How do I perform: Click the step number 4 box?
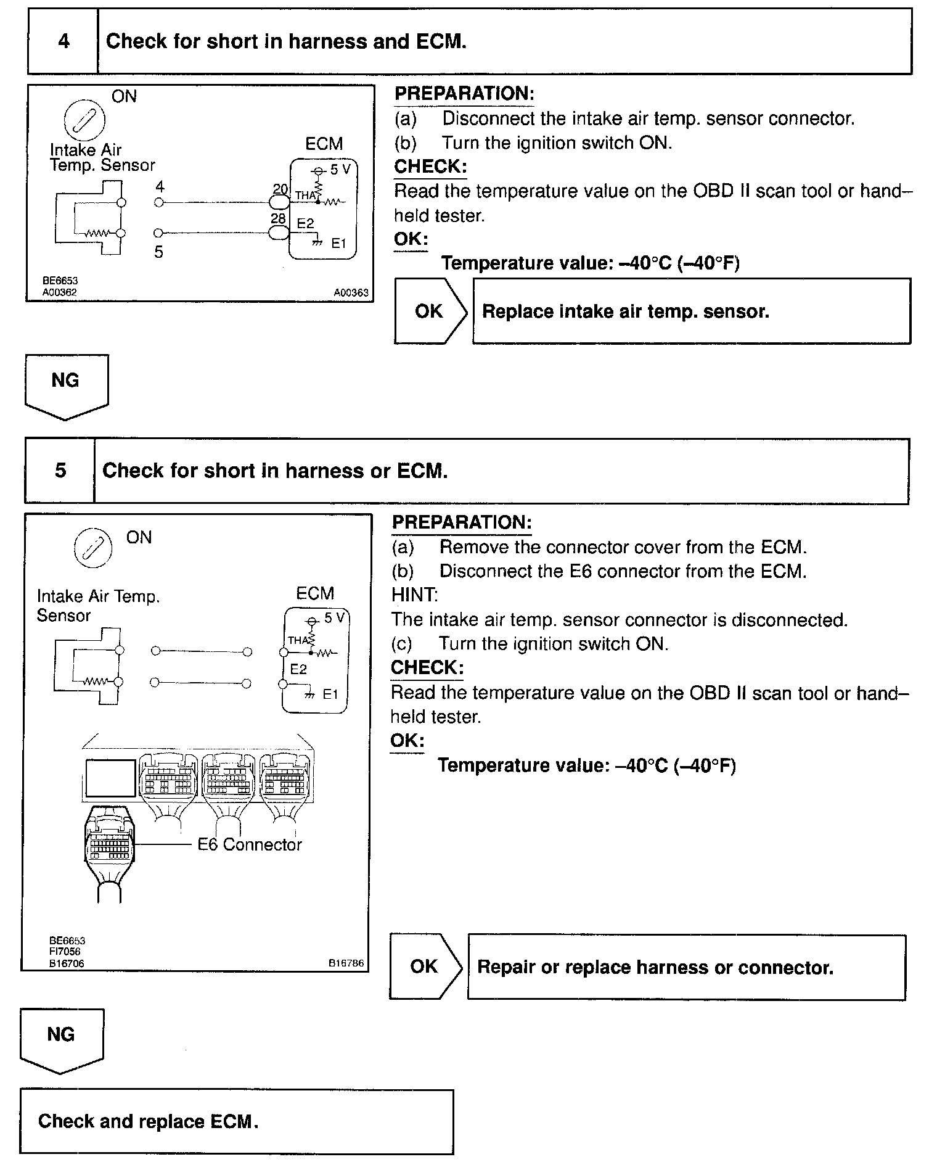pyautogui.click(x=63, y=42)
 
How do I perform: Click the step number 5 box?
pyautogui.click(x=60, y=471)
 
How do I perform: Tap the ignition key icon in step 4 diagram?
pyautogui.click(x=85, y=118)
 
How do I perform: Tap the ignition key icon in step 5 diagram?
pyautogui.click(x=93, y=548)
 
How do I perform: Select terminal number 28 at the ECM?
pyautogui.click(x=278, y=219)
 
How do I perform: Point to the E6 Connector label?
pyautogui.click(x=249, y=844)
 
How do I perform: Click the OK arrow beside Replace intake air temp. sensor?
pyautogui.click(x=430, y=311)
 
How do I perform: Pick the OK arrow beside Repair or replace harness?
pyautogui.click(x=425, y=966)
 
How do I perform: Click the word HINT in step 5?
pyautogui.click(x=414, y=595)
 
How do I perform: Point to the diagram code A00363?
pyautogui.click(x=351, y=293)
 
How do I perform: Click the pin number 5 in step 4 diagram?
pyautogui.click(x=158, y=252)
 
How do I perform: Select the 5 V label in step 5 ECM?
pyautogui.click(x=335, y=617)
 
